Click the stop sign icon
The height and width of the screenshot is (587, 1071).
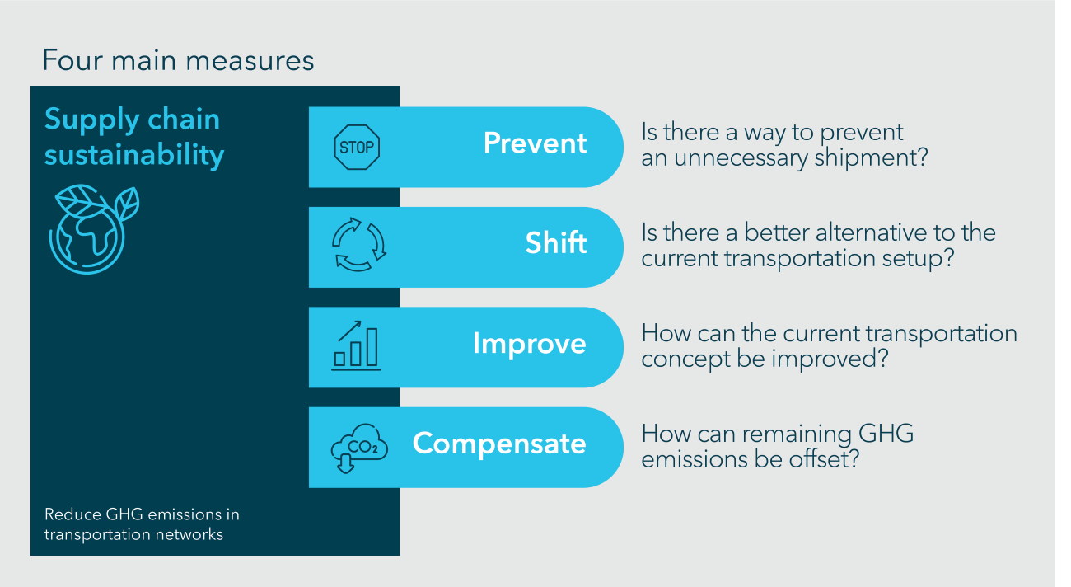(x=357, y=147)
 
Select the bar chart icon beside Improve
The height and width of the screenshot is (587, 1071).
(x=356, y=346)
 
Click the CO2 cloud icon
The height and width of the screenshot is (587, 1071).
(x=359, y=448)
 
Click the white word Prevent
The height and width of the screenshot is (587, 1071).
(x=535, y=143)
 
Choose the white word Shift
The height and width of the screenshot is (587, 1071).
(x=555, y=242)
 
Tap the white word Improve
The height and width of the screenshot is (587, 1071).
(x=529, y=344)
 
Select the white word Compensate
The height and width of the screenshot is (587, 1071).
(x=499, y=444)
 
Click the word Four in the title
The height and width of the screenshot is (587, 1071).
(x=72, y=60)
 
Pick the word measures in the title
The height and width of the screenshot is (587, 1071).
(x=250, y=61)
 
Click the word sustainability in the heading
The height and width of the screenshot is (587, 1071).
(x=134, y=155)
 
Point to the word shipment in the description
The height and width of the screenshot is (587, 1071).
(x=871, y=157)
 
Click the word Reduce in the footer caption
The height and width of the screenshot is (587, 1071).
(x=72, y=514)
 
